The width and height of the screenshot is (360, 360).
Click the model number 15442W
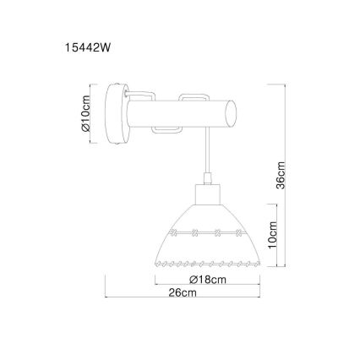[88, 48]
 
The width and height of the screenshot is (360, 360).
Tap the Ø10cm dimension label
[85, 113]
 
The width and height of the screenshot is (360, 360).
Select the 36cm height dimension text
[281, 175]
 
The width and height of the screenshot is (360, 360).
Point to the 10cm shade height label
[272, 235]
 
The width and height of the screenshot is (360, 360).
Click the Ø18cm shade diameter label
[208, 280]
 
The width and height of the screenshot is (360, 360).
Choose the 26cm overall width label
[183, 292]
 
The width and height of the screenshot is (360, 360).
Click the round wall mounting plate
[117, 114]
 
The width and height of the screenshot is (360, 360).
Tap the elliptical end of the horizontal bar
[231, 114]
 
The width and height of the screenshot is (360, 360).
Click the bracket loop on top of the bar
[194, 97]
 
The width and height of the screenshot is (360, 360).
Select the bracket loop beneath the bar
[167, 130]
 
